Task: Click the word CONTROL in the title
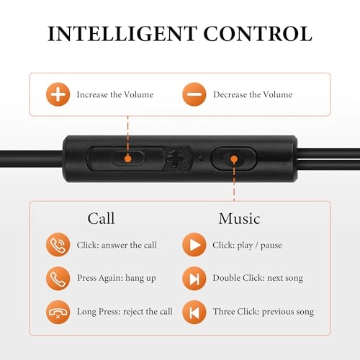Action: point(258,34)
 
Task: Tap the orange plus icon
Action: point(58,94)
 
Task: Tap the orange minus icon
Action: point(194,94)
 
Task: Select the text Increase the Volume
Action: point(115,94)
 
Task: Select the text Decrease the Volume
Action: point(253,94)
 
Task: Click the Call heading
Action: point(101,218)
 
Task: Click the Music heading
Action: point(239,218)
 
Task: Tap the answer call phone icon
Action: point(58,246)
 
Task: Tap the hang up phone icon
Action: point(58,278)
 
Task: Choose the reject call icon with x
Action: point(58,312)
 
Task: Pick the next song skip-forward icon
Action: point(194,278)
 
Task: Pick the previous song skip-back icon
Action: point(194,312)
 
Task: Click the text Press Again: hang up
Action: point(116,278)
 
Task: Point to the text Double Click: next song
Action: point(258,278)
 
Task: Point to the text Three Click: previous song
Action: point(263,312)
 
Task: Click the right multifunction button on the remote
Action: point(233,158)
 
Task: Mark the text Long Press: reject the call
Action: point(125,312)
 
